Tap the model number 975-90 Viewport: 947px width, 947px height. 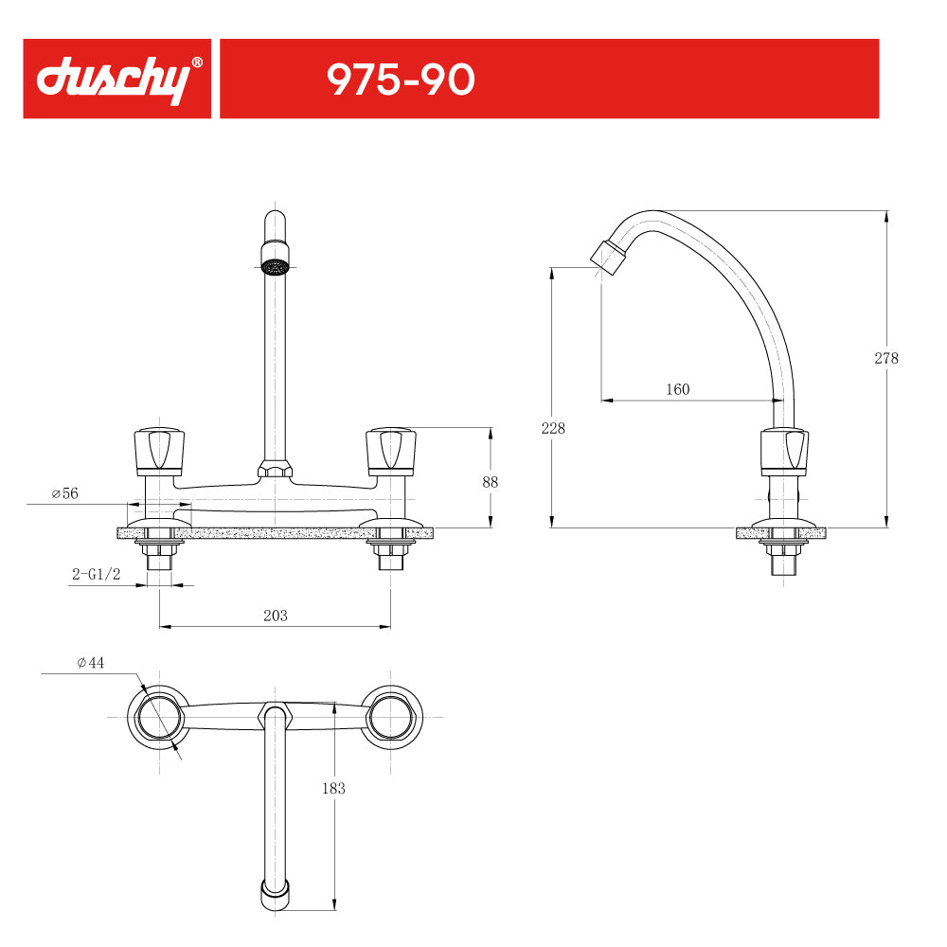[401, 80]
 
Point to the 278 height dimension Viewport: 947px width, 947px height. [886, 358]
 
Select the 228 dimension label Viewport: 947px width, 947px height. [553, 428]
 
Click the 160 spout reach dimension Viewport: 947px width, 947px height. [678, 389]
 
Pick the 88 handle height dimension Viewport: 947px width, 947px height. [490, 482]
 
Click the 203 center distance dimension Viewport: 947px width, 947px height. [276, 616]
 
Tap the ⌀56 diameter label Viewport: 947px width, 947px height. [65, 493]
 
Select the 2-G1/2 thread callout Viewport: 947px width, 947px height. [97, 574]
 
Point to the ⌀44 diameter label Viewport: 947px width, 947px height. [91, 663]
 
